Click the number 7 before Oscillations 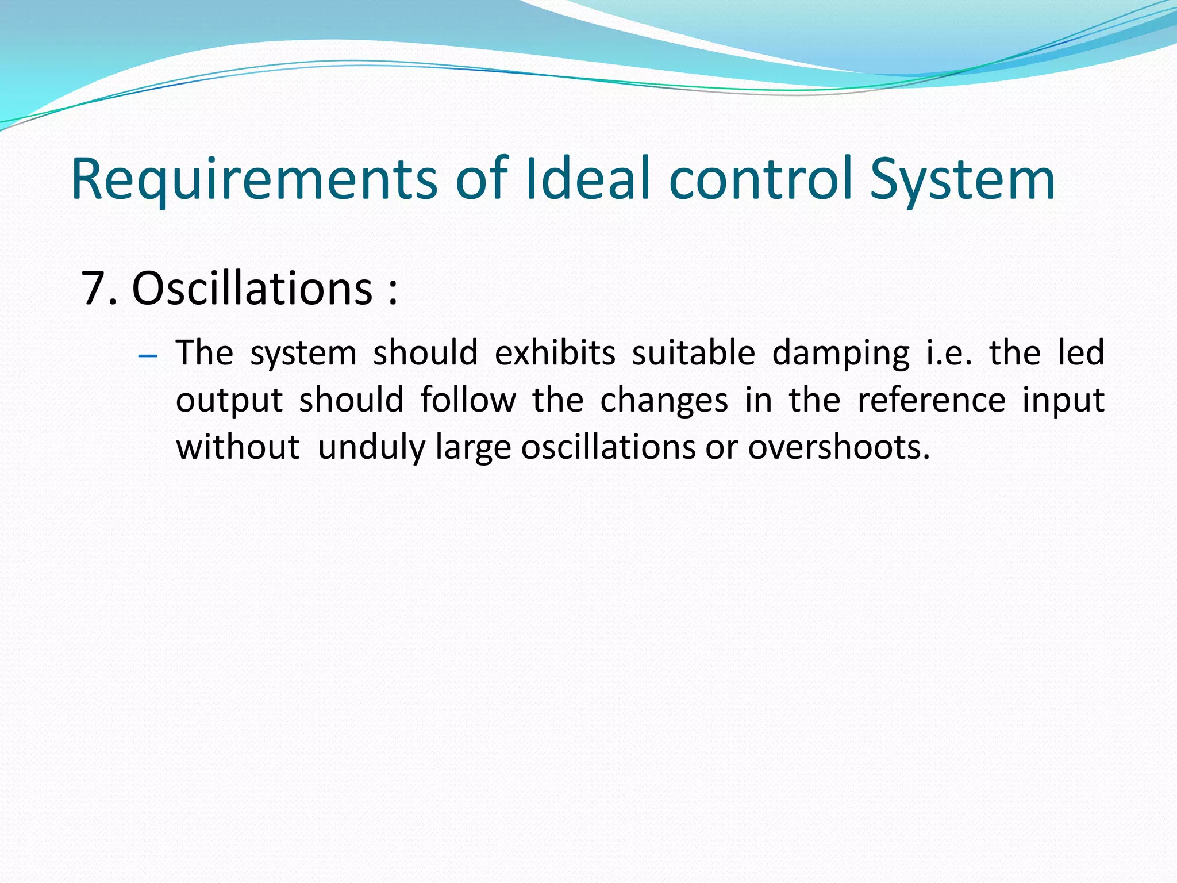(x=94, y=288)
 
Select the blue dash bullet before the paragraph (x=148, y=356)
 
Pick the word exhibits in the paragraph (x=555, y=352)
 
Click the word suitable (x=693, y=352)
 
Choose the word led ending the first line (x=1081, y=352)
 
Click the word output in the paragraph (x=229, y=401)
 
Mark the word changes (x=664, y=401)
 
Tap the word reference (x=931, y=400)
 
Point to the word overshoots (x=838, y=447)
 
